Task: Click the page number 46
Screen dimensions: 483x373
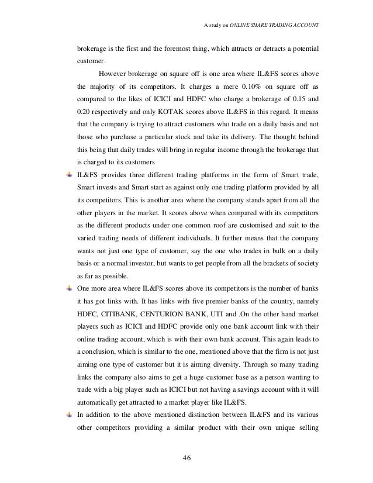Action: [186, 457]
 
